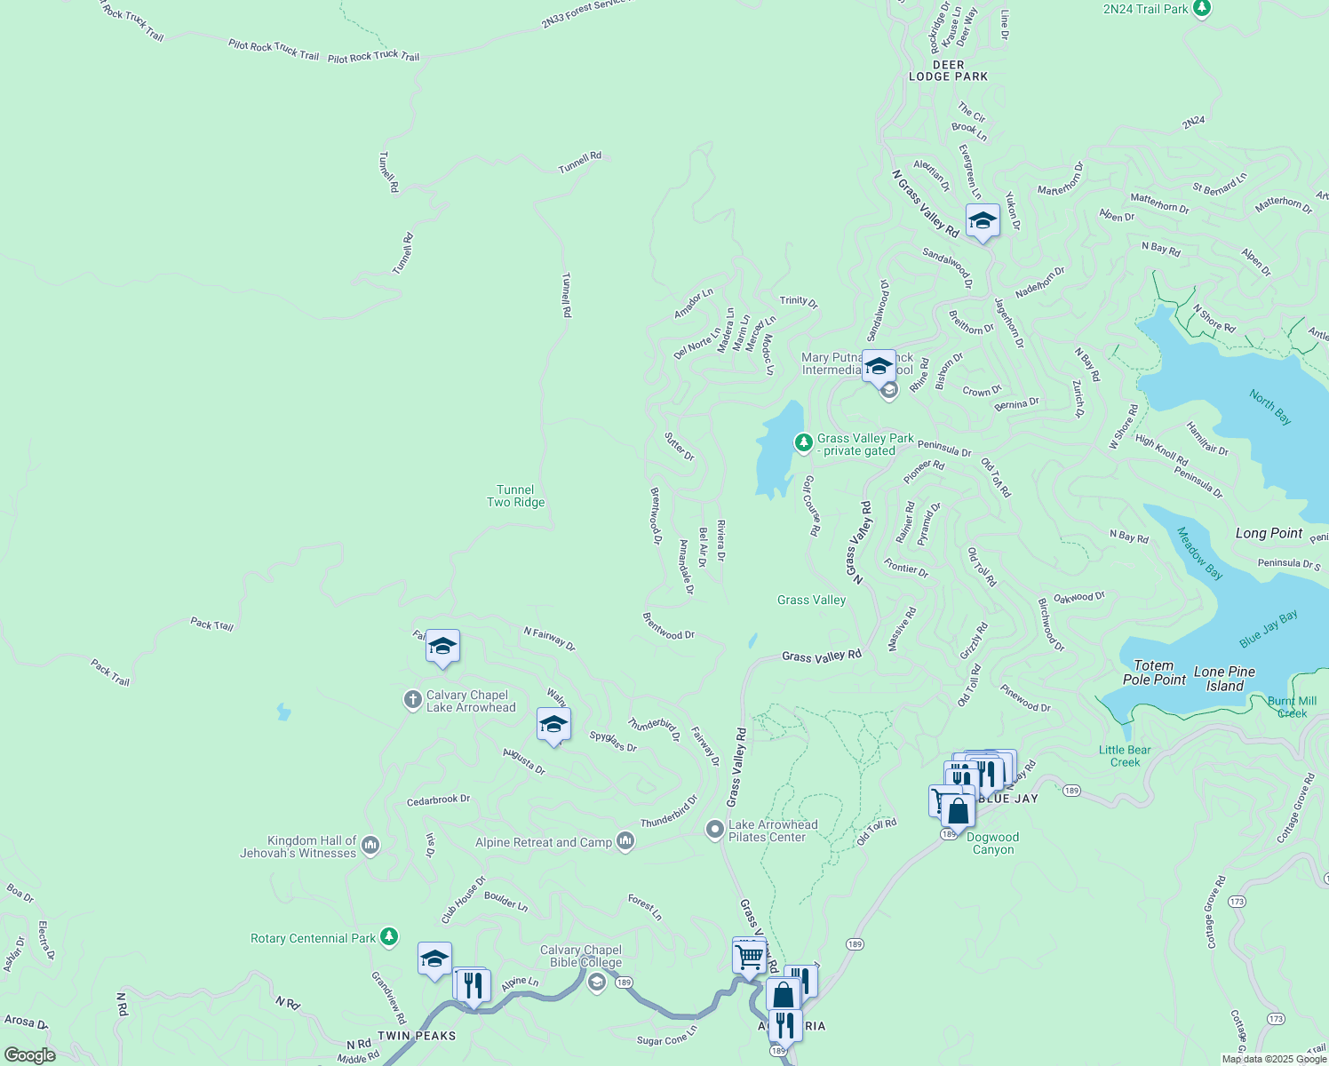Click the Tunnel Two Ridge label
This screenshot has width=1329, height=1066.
pos(515,496)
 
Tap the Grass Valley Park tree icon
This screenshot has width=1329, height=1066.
pos(803,442)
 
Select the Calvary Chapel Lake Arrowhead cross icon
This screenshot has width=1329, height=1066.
pos(412,700)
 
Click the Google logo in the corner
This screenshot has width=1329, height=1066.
pos(29,1055)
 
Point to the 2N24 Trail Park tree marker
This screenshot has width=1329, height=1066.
pos(1202,8)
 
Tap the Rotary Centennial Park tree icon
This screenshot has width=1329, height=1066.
pos(388,936)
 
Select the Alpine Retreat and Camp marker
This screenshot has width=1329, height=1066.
pos(625,840)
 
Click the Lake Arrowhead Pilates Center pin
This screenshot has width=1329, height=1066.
pos(714,830)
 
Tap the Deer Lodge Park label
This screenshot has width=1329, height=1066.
pos(948,71)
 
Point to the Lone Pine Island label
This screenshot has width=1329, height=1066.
pos(1224,679)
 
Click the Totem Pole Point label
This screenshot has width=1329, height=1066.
pos(1154,672)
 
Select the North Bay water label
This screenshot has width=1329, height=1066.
pos(1269,407)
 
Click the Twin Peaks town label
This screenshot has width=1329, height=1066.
pos(417,1036)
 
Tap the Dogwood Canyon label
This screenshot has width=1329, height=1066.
pos(992,843)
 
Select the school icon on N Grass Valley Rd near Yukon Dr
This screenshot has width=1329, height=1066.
pos(983,221)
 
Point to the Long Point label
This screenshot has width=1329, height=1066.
pos(1269,533)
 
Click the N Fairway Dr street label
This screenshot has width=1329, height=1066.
pos(549,639)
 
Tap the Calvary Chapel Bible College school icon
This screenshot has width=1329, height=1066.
pos(596,981)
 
